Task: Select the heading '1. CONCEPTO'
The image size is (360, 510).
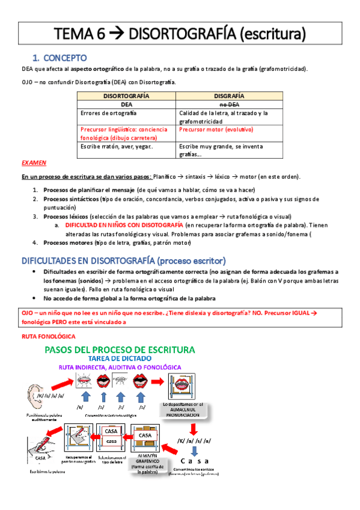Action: point(60,58)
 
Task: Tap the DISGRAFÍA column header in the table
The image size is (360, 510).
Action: point(228,95)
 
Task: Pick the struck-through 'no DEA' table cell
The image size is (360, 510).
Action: point(228,104)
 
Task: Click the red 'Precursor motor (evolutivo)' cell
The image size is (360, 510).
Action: point(216,129)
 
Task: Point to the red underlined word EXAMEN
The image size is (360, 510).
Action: point(33,163)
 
